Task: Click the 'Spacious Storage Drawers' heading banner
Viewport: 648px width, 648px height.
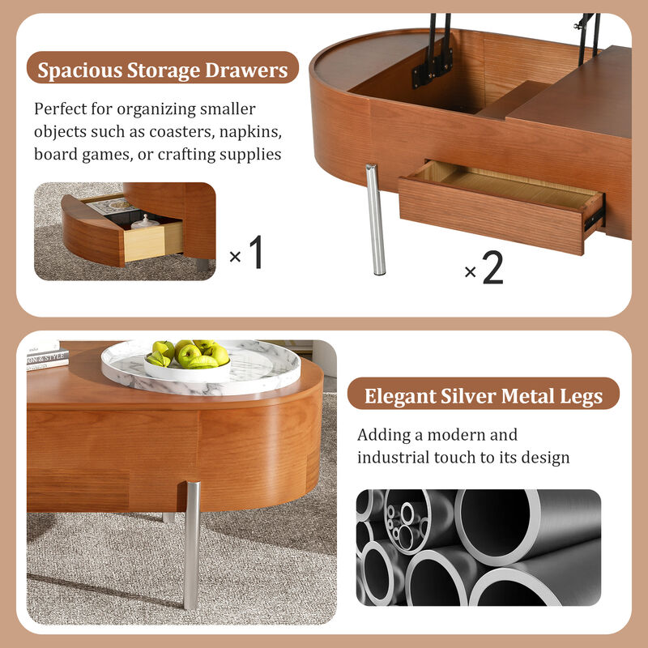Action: pyautogui.click(x=163, y=70)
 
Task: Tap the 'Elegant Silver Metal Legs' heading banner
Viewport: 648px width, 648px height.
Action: pyautogui.click(x=483, y=396)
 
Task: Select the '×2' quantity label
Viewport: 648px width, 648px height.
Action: pyautogui.click(x=484, y=269)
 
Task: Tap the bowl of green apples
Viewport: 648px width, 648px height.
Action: pyautogui.click(x=186, y=357)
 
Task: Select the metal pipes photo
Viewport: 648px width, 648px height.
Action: pyautogui.click(x=478, y=547)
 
